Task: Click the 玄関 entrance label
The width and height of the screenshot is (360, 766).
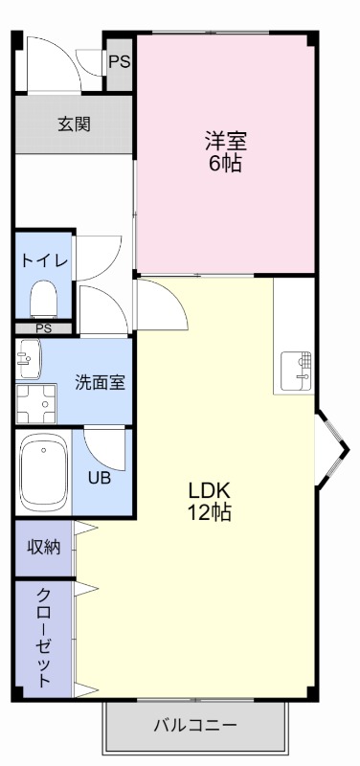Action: (73, 124)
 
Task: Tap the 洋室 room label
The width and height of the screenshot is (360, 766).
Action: (226, 141)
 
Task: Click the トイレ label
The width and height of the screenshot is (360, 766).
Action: (44, 260)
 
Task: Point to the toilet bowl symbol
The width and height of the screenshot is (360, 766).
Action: (43, 298)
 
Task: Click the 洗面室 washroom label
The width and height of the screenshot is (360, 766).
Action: (101, 381)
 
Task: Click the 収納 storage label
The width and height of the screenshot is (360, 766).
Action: (44, 547)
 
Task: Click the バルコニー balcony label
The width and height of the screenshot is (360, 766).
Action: (195, 725)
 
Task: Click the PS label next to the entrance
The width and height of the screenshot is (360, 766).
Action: (119, 63)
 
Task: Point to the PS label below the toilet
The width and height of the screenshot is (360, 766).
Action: (43, 328)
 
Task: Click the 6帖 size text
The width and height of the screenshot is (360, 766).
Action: (226, 162)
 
